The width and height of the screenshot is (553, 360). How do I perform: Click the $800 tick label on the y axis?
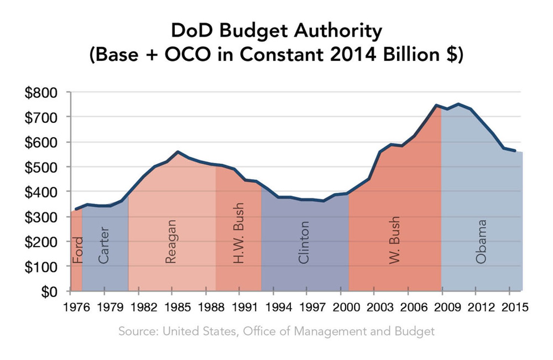(x=41, y=93)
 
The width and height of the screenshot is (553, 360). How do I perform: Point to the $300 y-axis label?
(x=41, y=217)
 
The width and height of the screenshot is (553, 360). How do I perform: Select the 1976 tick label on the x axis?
(x=77, y=307)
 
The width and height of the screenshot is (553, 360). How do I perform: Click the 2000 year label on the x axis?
(x=346, y=307)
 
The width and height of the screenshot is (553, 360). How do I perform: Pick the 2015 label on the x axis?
(x=515, y=307)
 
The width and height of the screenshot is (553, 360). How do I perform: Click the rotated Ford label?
(x=77, y=250)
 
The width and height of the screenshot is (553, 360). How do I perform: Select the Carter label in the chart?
(x=104, y=245)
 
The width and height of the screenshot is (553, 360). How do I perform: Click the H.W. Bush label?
(x=238, y=233)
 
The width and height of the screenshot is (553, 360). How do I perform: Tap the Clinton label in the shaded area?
(x=304, y=242)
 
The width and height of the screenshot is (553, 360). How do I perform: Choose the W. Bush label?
(x=394, y=240)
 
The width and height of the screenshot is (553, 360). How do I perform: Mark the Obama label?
(x=481, y=241)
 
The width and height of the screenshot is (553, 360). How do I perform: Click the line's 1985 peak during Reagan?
(x=178, y=152)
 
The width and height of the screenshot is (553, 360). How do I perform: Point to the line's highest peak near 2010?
(x=458, y=104)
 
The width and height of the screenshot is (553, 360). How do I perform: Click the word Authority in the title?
(x=338, y=31)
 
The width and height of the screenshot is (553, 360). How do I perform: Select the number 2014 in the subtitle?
(x=353, y=55)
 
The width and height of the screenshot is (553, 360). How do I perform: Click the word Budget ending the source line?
(x=414, y=331)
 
